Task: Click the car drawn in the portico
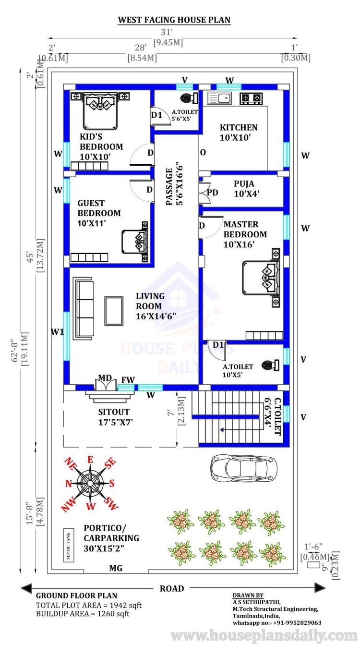pos(244,468)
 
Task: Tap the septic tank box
pos(69,545)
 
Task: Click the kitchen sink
pos(219,98)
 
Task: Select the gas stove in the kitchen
pos(251,98)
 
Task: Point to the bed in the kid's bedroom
pos(100,111)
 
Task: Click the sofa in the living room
pos(84,308)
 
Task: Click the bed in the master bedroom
pos(261,278)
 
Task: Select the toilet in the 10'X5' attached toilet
pos(270,365)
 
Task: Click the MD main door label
pos(105,377)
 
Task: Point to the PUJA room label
pos(244,184)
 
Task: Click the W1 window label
pos(57,332)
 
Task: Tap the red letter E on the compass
pos(90,460)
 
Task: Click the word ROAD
pos(172,588)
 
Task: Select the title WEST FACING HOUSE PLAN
pos(174,20)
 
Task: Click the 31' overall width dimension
pos(167,32)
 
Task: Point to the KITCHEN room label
pos(239,127)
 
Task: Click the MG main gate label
pos(116,568)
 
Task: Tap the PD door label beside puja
pos(212,193)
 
